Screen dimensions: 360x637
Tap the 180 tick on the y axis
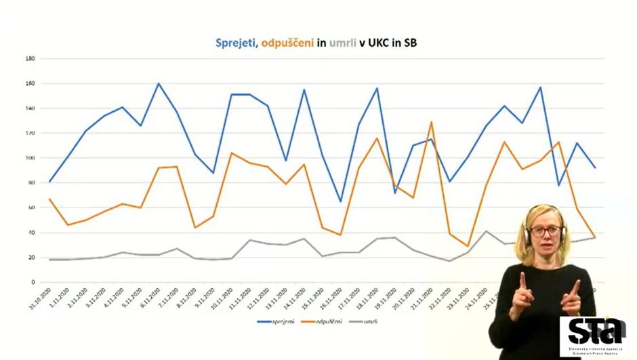(x=30, y=58)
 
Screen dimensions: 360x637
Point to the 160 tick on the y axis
(x=30, y=83)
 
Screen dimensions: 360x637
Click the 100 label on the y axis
(x=30, y=158)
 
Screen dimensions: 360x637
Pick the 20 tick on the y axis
(x=32, y=258)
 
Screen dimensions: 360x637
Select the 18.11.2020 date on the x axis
(x=365, y=298)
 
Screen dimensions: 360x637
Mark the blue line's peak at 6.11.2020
(x=159, y=83)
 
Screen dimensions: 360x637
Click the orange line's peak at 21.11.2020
(x=432, y=122)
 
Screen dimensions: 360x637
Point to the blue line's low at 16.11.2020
(x=340, y=201)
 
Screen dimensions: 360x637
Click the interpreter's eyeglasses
(x=546, y=231)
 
